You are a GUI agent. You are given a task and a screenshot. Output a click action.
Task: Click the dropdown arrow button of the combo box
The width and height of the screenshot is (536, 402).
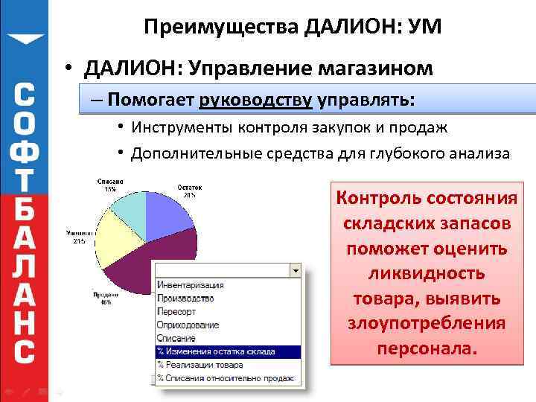(x=296, y=270)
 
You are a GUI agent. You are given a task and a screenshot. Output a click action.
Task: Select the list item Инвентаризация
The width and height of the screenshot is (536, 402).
(x=190, y=285)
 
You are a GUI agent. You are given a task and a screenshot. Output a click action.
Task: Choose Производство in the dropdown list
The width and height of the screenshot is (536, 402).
(x=185, y=298)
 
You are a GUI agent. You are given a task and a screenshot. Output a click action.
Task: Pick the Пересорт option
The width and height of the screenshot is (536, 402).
(x=176, y=311)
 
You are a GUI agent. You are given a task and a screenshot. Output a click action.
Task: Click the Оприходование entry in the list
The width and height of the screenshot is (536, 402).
(x=188, y=325)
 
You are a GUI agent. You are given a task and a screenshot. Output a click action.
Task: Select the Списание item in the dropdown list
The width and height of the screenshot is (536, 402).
(x=176, y=338)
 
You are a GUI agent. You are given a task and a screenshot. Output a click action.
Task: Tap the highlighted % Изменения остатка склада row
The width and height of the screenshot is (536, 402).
(x=216, y=351)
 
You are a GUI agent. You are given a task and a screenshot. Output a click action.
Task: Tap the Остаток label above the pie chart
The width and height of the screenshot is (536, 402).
(x=188, y=187)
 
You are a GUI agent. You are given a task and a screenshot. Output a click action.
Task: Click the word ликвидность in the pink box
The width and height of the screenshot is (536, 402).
(x=427, y=273)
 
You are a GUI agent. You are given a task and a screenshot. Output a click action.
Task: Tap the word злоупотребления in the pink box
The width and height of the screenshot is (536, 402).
(x=427, y=324)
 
